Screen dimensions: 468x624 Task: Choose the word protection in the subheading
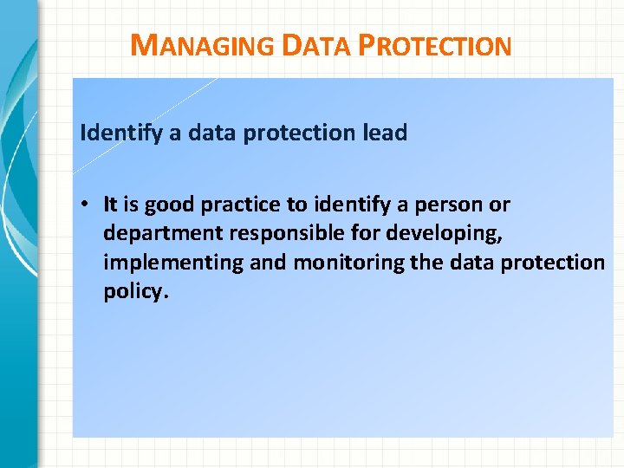coord(295,133)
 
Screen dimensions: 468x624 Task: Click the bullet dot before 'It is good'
coord(89,205)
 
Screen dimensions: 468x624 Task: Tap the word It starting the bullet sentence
coord(110,205)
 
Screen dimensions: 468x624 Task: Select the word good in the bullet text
coord(169,205)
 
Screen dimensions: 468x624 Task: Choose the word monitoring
coord(336,263)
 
